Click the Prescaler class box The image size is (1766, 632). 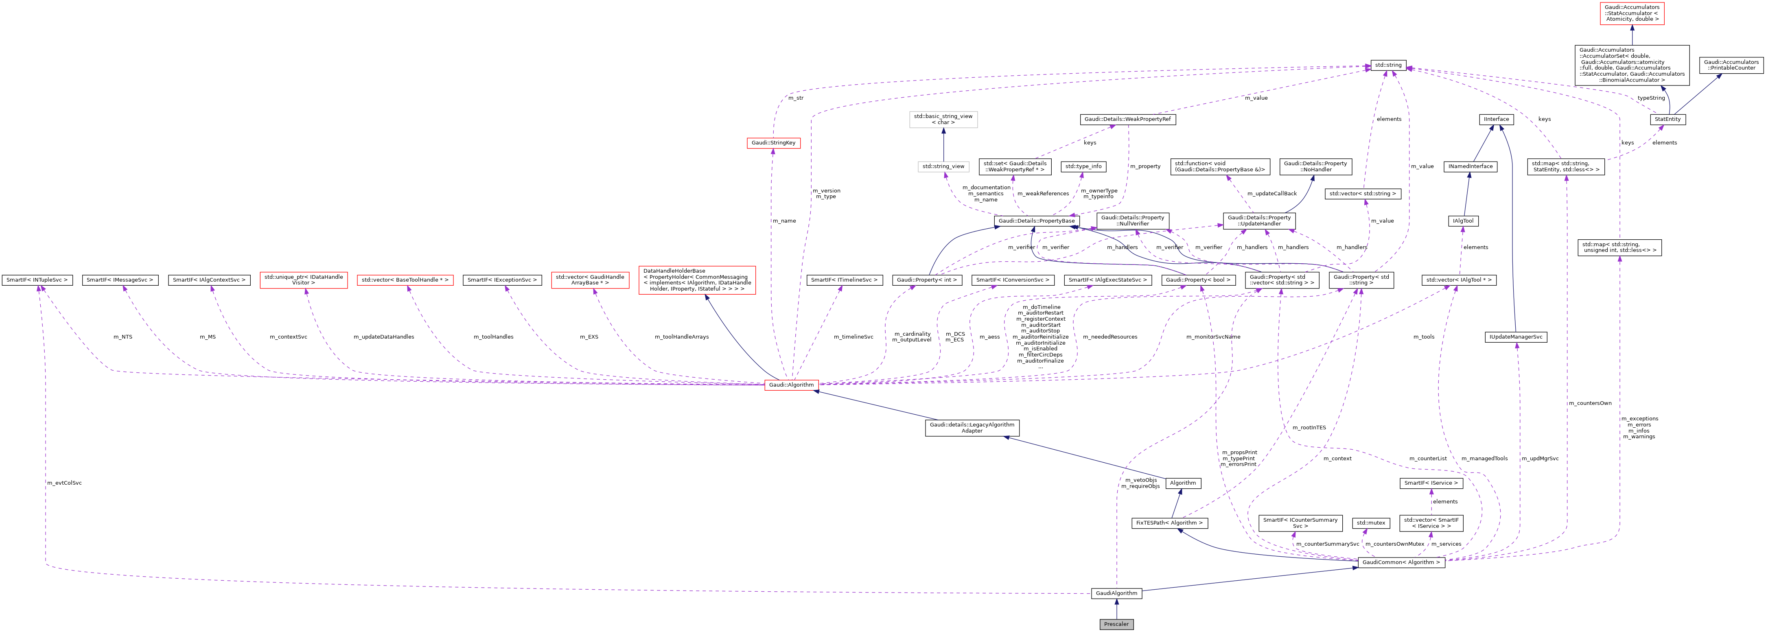(1116, 624)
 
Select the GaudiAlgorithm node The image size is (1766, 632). (1116, 593)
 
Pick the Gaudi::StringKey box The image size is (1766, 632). (773, 142)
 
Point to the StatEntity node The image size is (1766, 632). (1667, 119)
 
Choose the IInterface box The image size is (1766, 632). (1497, 119)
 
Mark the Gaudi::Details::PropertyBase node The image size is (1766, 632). (1036, 221)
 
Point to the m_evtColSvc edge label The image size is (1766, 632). (64, 483)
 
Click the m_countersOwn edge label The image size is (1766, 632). (1590, 403)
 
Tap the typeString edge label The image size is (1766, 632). (1651, 98)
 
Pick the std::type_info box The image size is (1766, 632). (1083, 166)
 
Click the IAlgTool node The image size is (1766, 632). (1463, 221)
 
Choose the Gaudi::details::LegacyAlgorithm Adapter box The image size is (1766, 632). (972, 428)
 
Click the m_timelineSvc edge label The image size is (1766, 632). (853, 337)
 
